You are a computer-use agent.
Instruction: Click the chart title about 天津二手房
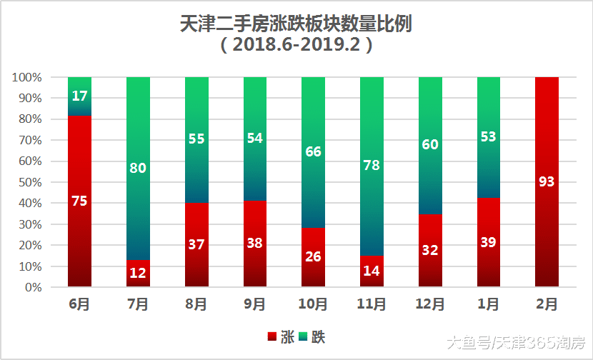tap(296, 24)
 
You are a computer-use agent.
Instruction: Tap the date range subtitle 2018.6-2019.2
tap(296, 45)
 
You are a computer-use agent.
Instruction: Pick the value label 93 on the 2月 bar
tap(547, 181)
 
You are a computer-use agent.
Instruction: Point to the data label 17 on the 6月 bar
tap(79, 96)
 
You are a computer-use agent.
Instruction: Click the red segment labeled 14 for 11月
tap(372, 271)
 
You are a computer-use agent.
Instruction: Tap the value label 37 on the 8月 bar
tap(196, 245)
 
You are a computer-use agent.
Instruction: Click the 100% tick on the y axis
tap(28, 77)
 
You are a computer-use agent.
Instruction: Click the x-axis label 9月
tap(255, 304)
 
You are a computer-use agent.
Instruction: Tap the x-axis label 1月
tap(489, 304)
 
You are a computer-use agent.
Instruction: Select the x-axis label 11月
tap(372, 304)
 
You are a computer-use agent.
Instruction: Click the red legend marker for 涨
tap(271, 336)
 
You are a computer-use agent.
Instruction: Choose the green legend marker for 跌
tap(303, 336)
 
